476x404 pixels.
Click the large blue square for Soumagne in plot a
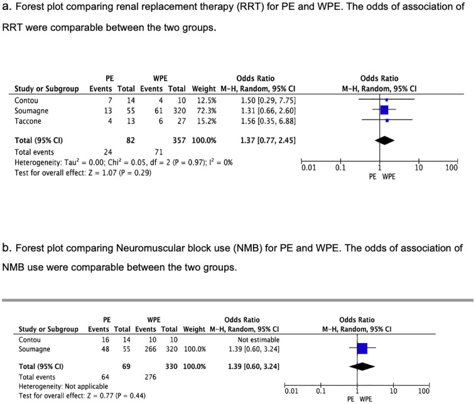click(384, 110)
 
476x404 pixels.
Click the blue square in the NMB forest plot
click(362, 348)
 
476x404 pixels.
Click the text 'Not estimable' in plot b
click(256, 338)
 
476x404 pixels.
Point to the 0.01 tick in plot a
click(308, 168)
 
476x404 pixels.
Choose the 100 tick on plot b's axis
click(423, 391)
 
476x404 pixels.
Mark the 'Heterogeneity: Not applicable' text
click(63, 386)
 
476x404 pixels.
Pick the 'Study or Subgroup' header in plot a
click(46, 89)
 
